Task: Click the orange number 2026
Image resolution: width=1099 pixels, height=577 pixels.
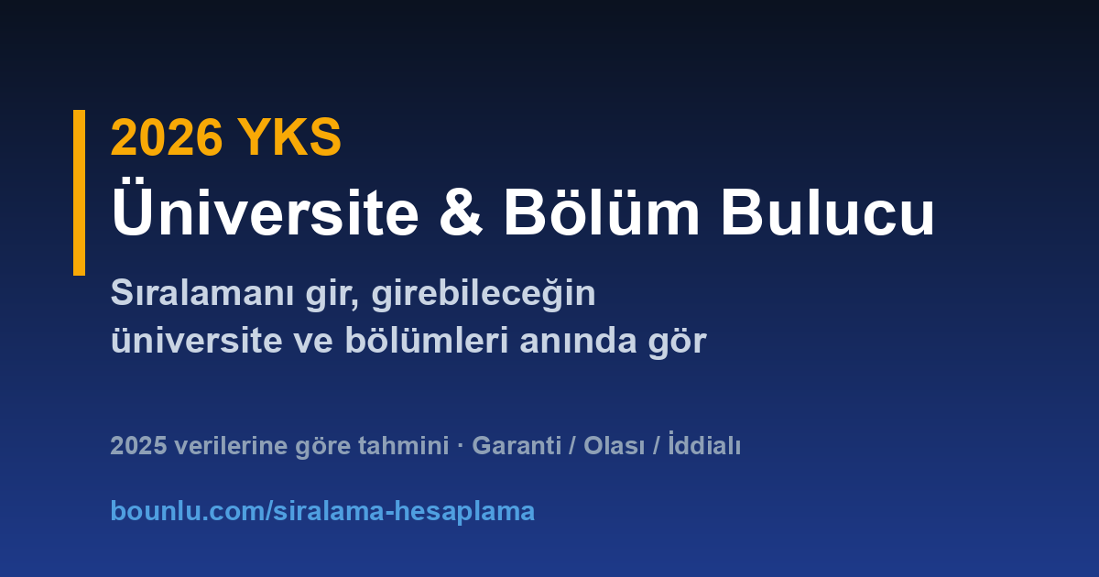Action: point(167,137)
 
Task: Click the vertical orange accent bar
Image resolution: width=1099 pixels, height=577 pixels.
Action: point(79,192)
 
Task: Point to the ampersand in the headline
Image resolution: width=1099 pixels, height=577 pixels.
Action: point(461,212)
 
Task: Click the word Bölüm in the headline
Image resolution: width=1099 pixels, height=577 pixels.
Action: point(602,209)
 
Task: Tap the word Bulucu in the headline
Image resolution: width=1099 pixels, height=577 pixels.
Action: point(827,212)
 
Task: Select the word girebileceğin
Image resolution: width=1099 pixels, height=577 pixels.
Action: point(484,294)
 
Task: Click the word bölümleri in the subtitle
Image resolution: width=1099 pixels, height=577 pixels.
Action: point(427,340)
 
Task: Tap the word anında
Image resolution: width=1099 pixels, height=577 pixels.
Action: point(579,340)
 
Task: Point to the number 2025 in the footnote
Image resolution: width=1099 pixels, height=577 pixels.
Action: point(138,446)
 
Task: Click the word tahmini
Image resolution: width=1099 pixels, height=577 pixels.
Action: point(403,446)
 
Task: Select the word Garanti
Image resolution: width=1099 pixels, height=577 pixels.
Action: point(517,446)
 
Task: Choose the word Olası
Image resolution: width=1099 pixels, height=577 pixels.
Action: point(615,446)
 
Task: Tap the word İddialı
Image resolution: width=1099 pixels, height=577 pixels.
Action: point(704,444)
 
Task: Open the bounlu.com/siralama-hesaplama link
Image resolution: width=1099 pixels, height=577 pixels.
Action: point(322,511)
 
